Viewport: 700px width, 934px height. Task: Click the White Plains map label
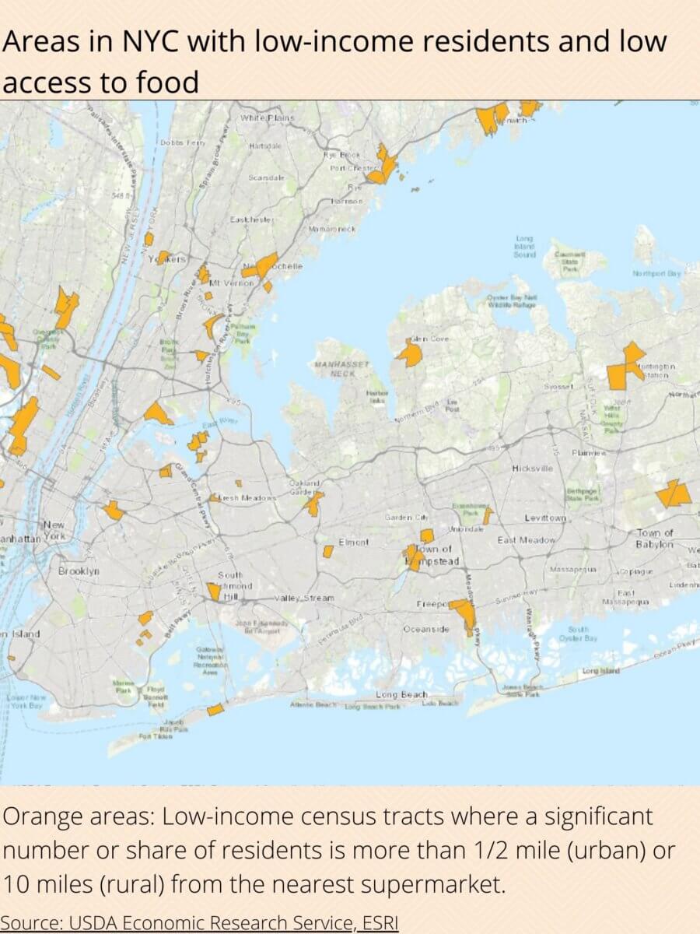[x=268, y=118]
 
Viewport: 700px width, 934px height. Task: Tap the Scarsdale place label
[x=266, y=178]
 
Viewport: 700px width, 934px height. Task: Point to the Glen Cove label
[x=429, y=339]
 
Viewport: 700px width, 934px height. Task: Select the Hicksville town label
[x=533, y=469]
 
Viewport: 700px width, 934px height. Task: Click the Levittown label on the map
[x=544, y=518]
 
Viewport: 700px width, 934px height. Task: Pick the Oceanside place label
[x=425, y=629]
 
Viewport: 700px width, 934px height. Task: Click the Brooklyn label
[x=79, y=571]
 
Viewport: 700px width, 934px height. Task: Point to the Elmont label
[x=353, y=542]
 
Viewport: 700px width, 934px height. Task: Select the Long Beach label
[x=401, y=694]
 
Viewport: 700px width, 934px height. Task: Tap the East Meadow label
[x=527, y=540]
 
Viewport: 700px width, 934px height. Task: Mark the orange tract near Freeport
[x=464, y=613]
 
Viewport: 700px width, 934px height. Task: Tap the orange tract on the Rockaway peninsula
[x=215, y=710]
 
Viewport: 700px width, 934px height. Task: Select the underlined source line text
[x=199, y=923]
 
